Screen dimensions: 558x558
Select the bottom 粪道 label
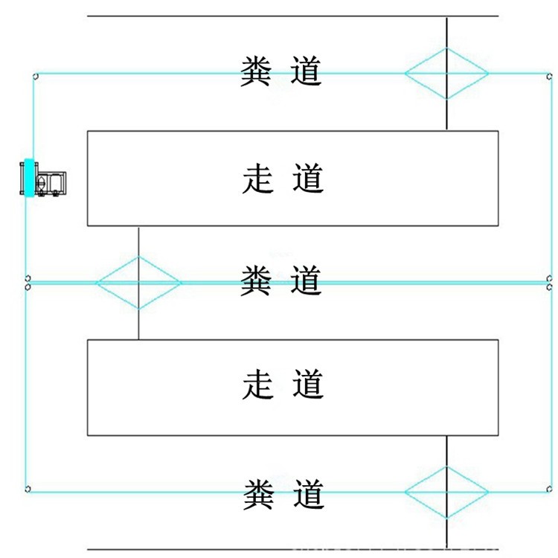(x=283, y=493)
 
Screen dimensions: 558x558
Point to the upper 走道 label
(x=283, y=179)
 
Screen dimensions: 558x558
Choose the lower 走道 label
(x=283, y=385)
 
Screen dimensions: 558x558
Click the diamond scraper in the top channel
(x=446, y=73)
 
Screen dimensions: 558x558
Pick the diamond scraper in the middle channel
(x=138, y=282)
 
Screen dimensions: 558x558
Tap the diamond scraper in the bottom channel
(x=446, y=492)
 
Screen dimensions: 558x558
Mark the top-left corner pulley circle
(x=35, y=75)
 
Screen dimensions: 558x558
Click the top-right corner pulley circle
(x=548, y=75)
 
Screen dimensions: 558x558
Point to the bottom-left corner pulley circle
(x=28, y=489)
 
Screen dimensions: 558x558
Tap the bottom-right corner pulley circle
(x=548, y=489)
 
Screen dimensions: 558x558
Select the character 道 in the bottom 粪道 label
(x=307, y=493)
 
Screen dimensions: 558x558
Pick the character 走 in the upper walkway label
(x=257, y=179)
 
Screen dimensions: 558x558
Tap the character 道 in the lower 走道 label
(x=307, y=385)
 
